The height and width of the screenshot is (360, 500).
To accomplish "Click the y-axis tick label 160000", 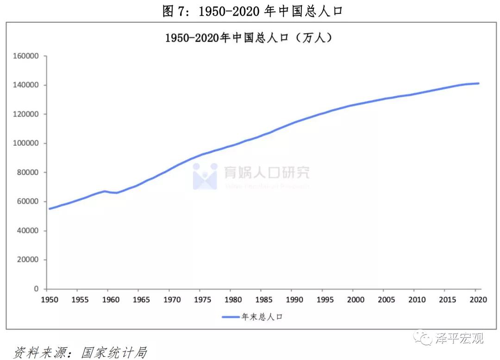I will (x=26, y=56).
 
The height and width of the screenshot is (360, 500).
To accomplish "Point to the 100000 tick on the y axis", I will (x=26, y=143).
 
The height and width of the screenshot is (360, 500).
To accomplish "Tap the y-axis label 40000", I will (x=28, y=230).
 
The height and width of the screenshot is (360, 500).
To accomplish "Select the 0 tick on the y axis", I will (x=36, y=289).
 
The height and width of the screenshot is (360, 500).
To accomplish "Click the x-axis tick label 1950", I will (x=50, y=299).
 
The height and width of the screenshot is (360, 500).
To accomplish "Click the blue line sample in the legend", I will (x=231, y=317).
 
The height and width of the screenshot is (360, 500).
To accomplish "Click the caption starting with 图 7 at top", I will (x=252, y=11).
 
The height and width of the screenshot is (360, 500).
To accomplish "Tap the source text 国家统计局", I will (x=114, y=353).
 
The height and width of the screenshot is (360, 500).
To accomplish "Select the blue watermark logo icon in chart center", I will (x=205, y=176).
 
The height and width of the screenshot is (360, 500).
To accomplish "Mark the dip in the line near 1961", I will (x=116, y=192).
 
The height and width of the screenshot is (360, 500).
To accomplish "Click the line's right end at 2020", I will (x=478, y=83).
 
